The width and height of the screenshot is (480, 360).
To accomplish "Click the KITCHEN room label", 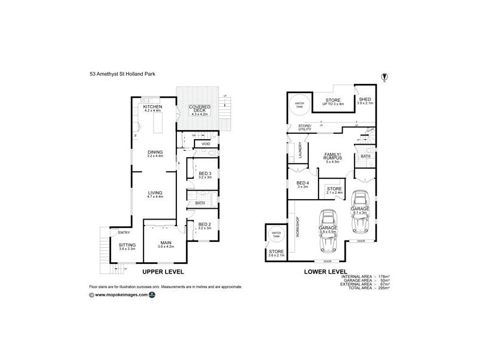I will tap(154, 106).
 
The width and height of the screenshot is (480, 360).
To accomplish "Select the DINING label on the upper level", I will tap(155, 152).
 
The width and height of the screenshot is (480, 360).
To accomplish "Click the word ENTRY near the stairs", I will tap(124, 233).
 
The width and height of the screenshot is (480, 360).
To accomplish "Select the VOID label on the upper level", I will tap(206, 144).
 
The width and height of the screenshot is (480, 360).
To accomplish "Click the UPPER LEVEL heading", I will tap(163, 272).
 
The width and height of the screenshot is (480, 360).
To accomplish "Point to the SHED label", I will tap(365, 99).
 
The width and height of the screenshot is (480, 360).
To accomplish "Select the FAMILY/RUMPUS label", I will tap(332, 155).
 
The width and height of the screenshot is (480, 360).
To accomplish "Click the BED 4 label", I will tap(302, 184).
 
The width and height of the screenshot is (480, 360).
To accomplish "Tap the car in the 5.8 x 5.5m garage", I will tap(328, 232).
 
